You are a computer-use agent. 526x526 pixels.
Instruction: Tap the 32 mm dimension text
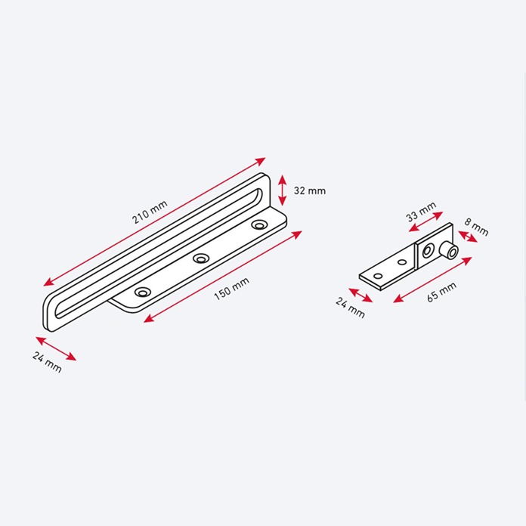(309, 190)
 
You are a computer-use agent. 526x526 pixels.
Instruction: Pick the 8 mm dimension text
(478, 227)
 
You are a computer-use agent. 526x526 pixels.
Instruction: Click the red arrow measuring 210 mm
(154, 221)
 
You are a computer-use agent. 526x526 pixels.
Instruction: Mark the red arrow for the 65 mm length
(432, 280)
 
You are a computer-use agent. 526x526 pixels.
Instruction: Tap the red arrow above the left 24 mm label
(56, 348)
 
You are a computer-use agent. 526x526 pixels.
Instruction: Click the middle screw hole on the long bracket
(200, 258)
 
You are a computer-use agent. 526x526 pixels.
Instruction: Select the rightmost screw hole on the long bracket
(260, 225)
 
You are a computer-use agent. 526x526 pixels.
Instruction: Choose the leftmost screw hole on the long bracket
(141, 291)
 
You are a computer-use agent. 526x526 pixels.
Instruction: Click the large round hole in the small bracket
(429, 249)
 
